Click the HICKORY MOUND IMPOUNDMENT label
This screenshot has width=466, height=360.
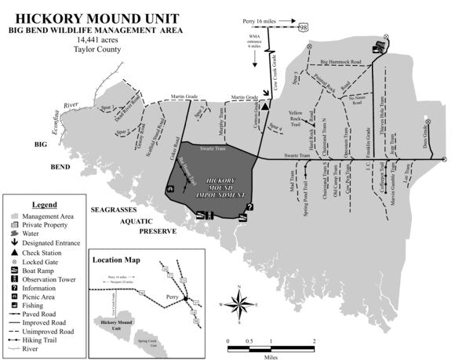[219, 187]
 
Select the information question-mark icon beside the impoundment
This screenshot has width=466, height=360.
[249, 207]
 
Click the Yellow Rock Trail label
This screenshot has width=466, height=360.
[297, 118]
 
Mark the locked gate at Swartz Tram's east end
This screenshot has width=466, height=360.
[445, 159]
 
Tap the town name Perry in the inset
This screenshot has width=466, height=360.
[173, 298]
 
